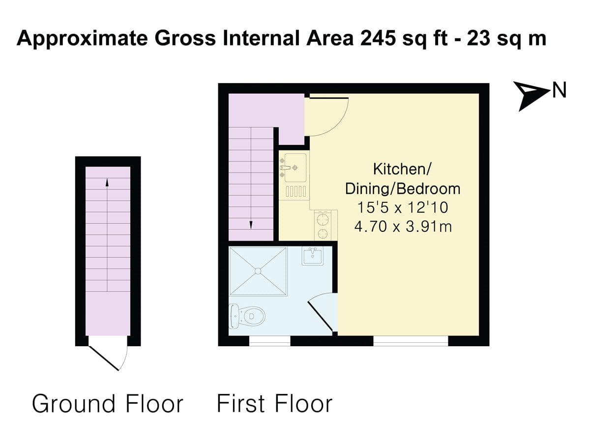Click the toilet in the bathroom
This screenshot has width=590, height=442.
click(248, 316)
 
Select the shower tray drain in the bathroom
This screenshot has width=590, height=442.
click(258, 271)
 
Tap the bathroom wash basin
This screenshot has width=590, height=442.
click(312, 256)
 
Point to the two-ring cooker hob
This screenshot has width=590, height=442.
click(323, 226)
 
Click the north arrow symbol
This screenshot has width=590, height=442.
click(531, 95)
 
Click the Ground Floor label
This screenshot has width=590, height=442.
click(107, 404)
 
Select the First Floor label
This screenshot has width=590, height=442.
click(274, 404)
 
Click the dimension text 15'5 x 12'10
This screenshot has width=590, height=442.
click(402, 208)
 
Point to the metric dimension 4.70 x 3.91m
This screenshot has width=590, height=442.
click(402, 227)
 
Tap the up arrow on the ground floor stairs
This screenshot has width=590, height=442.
click(107, 183)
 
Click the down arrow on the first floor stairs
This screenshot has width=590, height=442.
click(251, 224)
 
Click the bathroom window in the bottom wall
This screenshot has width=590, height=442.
click(269, 341)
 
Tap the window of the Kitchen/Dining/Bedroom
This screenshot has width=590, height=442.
click(411, 341)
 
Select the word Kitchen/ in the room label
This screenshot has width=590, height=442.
click(402, 169)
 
